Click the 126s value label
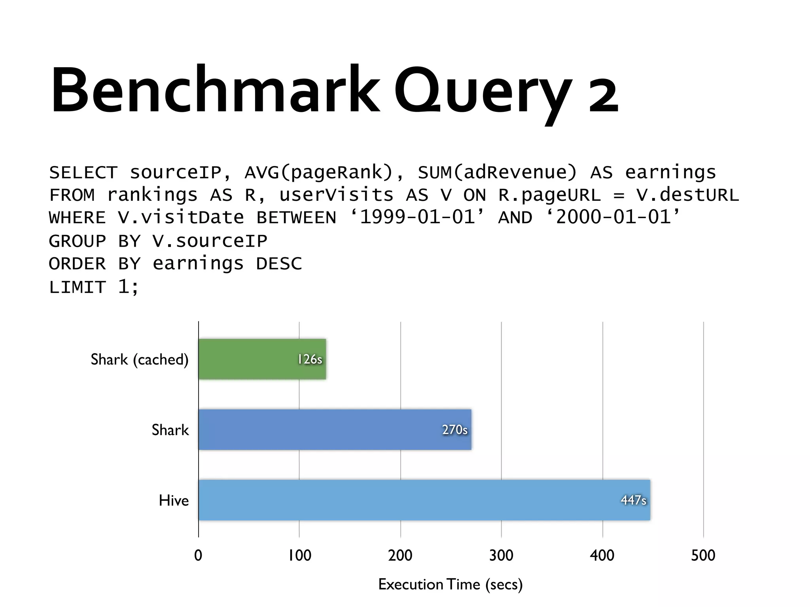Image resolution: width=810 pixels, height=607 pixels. [x=310, y=359]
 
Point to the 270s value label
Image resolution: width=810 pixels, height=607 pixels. [x=455, y=430]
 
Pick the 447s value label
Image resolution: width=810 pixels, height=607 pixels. [x=634, y=500]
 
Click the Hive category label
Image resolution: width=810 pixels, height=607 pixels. [x=174, y=501]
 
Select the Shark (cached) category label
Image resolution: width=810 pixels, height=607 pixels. [x=139, y=360]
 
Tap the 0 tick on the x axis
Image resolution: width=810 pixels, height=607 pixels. [x=198, y=556]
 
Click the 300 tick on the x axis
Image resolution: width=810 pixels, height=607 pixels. [x=501, y=556]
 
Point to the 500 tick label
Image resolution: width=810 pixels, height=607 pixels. [x=703, y=556]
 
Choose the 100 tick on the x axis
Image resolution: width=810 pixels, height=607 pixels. [x=299, y=556]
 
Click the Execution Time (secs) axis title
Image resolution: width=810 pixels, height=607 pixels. [x=450, y=584]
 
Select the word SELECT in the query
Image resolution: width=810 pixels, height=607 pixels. [x=83, y=173]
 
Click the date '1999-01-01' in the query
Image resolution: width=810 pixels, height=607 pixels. [x=417, y=217]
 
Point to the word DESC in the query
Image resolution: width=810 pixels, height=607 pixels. [x=279, y=264]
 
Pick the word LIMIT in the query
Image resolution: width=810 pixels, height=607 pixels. [x=78, y=287]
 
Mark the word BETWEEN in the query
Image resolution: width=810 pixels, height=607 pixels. [x=296, y=218]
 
